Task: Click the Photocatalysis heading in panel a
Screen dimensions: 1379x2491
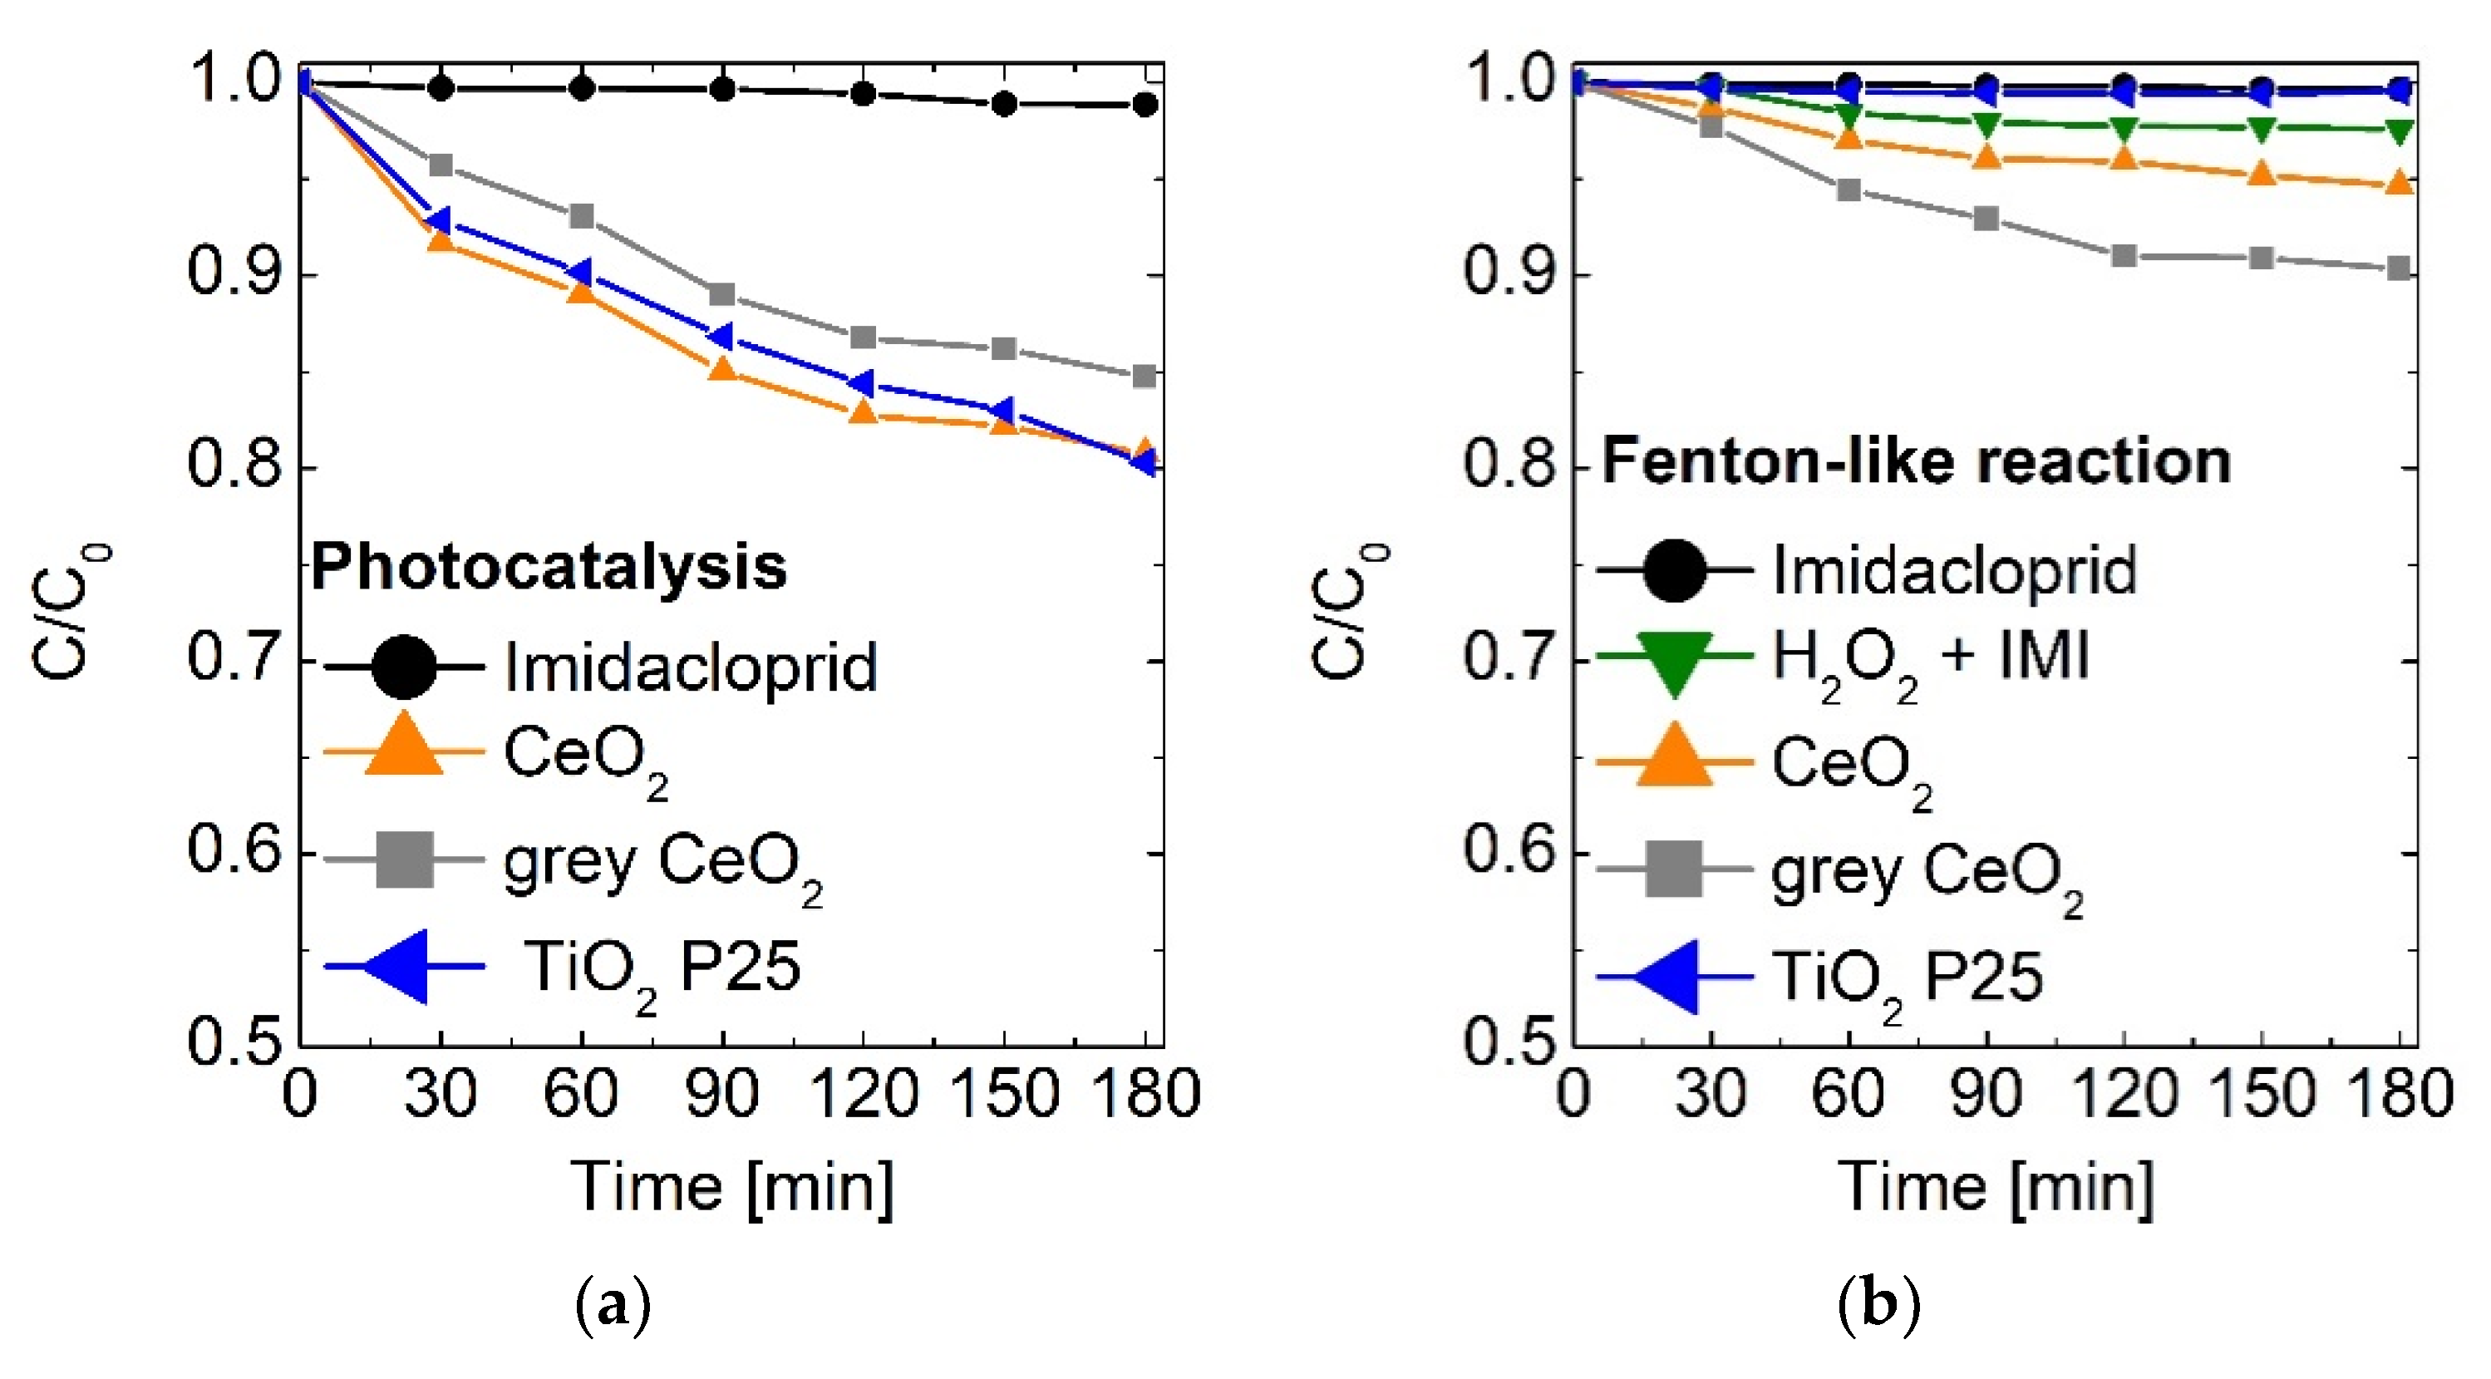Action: tap(549, 567)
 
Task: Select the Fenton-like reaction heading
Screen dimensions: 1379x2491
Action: tap(1916, 461)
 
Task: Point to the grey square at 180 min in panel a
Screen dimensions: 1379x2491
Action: tap(1144, 377)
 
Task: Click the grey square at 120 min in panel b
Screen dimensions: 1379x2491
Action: tap(2124, 256)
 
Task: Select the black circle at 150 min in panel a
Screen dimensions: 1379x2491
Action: tap(1005, 103)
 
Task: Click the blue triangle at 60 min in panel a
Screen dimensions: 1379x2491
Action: tap(579, 274)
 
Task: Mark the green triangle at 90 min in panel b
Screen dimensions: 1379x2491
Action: tap(1986, 125)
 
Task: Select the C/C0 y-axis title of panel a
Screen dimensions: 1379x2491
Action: tap(70, 612)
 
